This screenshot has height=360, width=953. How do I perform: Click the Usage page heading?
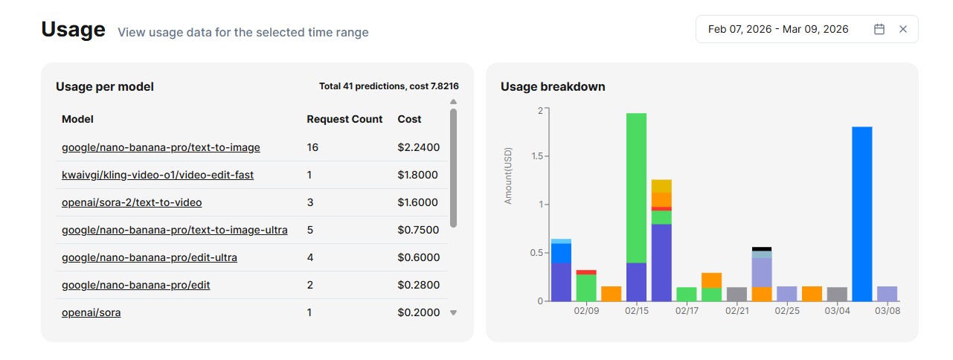point(73,30)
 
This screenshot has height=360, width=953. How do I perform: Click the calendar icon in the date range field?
point(879,29)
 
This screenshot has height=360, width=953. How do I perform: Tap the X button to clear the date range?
point(903,29)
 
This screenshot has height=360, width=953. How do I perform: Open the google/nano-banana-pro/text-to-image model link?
point(161,147)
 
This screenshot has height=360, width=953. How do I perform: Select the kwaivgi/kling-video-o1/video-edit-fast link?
point(157,175)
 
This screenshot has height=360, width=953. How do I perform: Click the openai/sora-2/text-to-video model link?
point(132,202)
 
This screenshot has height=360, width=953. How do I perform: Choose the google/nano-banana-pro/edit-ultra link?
point(150,257)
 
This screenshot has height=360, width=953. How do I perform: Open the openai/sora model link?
point(91,312)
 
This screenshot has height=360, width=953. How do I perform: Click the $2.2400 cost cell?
point(419,147)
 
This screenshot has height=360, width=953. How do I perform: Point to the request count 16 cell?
point(312,147)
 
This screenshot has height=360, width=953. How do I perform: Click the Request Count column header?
point(344,119)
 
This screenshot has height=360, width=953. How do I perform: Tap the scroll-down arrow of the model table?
point(454,312)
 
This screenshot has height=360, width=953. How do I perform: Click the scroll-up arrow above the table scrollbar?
point(454,102)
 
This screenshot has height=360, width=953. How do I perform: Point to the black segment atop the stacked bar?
point(762,249)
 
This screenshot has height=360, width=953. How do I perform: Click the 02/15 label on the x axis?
point(637,311)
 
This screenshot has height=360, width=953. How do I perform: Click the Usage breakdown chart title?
point(553,86)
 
